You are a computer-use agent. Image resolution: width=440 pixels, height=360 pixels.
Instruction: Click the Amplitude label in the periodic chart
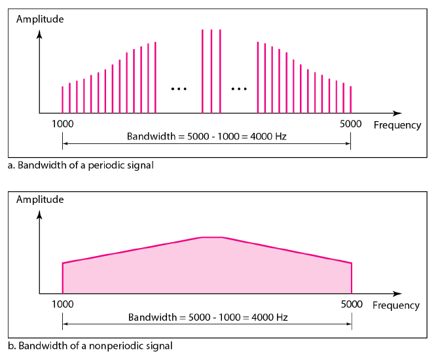40,19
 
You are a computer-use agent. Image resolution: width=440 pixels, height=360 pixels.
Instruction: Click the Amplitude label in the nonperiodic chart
40,199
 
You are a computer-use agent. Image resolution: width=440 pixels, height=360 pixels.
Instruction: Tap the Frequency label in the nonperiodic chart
396,305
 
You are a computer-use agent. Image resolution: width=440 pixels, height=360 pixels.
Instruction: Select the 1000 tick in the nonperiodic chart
62,304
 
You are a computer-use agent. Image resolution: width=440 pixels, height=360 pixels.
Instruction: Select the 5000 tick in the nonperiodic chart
352,304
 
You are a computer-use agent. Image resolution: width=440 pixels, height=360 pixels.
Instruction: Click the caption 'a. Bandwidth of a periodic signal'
81,165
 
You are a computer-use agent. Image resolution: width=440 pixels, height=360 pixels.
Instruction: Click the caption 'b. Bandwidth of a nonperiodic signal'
90,345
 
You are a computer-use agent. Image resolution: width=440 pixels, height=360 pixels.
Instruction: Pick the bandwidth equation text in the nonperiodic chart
208,317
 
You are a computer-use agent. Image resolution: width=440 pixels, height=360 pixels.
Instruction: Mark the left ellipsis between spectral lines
178,88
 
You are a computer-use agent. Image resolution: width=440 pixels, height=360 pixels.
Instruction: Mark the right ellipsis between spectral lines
240,88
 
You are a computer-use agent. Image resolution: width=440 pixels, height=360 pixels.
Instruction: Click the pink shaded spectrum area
207,268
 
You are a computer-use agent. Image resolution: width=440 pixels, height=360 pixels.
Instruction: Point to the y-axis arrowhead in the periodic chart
40,32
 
